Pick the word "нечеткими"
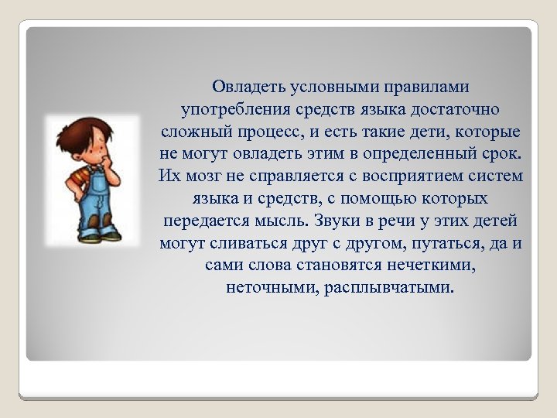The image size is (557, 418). [432, 265]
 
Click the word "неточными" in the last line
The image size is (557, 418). [262, 287]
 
